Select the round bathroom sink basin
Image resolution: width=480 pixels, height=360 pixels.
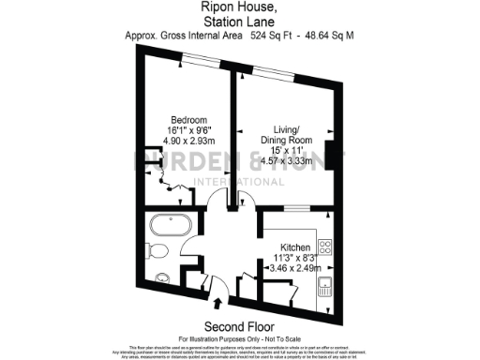pyautogui.click(x=162, y=277)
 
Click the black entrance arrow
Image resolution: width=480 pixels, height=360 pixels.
pyautogui.click(x=219, y=303)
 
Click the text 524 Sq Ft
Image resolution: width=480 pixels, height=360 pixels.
pyautogui.click(x=272, y=36)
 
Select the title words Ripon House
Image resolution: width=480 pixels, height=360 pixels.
pyautogui.click(x=239, y=7)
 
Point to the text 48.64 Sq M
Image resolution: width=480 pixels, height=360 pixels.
pyautogui.click(x=331, y=36)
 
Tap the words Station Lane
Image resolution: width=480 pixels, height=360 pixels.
pyautogui.click(x=239, y=21)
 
